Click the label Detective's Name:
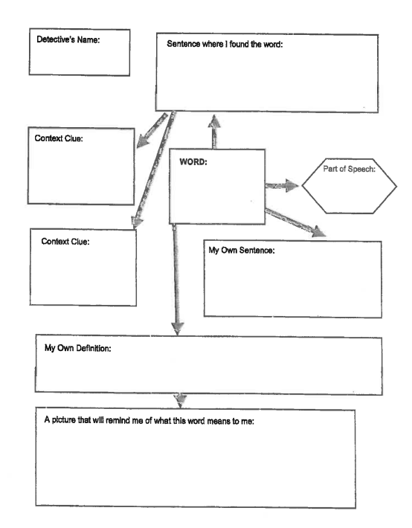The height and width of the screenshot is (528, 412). coord(68,39)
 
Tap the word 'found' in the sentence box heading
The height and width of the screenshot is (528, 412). coord(239,44)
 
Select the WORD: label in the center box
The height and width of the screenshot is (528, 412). coord(193,162)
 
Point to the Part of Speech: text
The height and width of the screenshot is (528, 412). coord(349,169)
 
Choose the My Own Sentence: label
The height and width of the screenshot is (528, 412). coord(242,250)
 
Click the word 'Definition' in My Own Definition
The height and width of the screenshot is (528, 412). coord(94,348)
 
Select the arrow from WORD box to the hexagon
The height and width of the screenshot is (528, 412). coord(282,185)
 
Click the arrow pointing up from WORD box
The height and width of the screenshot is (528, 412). coord(214,132)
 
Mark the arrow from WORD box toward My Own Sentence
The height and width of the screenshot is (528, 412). coord(295,223)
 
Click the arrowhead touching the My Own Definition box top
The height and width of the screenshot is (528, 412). coord(178,328)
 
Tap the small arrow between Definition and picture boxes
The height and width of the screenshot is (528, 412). coord(180,400)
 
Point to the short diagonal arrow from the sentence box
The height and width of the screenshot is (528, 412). coord(152,131)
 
